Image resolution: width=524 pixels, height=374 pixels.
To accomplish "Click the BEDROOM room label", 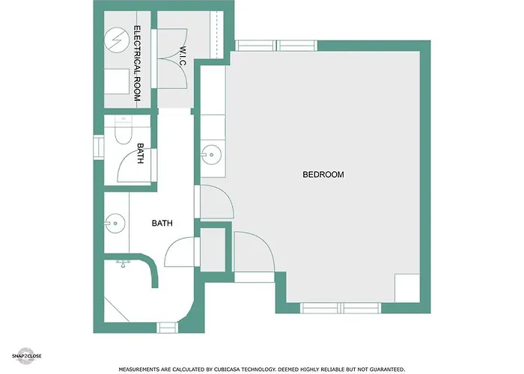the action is pyautogui.click(x=323, y=174).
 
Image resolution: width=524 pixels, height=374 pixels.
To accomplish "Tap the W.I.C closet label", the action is pyautogui.click(x=183, y=56).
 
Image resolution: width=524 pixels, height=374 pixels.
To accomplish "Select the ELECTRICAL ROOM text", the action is pyautogui.click(x=137, y=64).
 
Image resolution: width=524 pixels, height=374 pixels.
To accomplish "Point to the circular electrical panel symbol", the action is pyautogui.click(x=116, y=40).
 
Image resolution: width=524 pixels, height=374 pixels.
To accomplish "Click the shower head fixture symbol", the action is pyautogui.click(x=123, y=264).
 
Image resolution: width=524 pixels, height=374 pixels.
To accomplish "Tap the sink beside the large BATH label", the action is pyautogui.click(x=115, y=224).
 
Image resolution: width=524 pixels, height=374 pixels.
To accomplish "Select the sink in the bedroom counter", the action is pyautogui.click(x=211, y=155).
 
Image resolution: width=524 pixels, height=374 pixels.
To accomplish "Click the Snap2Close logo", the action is pyautogui.click(x=26, y=356).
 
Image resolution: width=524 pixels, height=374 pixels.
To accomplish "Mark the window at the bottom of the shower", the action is pyautogui.click(x=167, y=328).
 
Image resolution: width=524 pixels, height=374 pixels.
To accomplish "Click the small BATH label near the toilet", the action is pyautogui.click(x=141, y=153).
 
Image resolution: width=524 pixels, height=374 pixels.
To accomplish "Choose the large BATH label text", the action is pyautogui.click(x=162, y=223).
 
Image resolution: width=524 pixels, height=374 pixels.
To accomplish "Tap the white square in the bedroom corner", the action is pyautogui.click(x=407, y=288).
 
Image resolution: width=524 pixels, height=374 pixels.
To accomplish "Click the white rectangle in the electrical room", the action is pyautogui.click(x=117, y=82).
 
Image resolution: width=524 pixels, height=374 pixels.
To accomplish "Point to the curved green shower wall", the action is pyautogui.click(x=152, y=268).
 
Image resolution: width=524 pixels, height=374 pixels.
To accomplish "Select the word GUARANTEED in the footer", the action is pyautogui.click(x=383, y=370).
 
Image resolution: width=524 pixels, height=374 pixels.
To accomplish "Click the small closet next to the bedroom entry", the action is pyautogui.click(x=213, y=249).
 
